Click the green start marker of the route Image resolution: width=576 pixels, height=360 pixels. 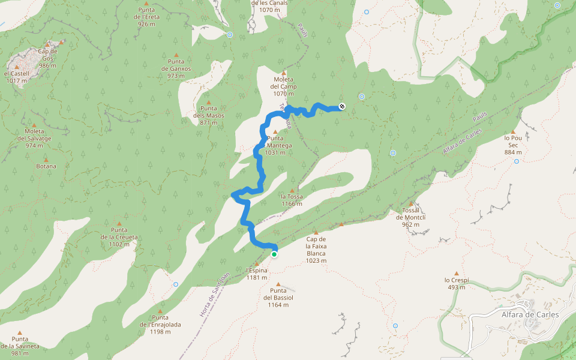(274, 254)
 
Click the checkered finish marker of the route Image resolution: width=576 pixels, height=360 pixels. (342, 106)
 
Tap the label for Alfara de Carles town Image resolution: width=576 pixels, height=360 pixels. (530, 314)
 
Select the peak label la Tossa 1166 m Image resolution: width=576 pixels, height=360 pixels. (292, 200)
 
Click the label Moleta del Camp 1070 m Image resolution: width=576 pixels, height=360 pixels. (284, 86)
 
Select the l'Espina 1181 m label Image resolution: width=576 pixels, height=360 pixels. (256, 274)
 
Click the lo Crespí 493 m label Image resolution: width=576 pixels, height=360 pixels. (455, 283)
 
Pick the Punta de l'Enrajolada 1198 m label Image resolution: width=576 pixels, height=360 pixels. (160, 325)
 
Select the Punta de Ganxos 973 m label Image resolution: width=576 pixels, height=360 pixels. (176, 68)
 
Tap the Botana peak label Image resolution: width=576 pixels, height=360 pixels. (46, 166)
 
